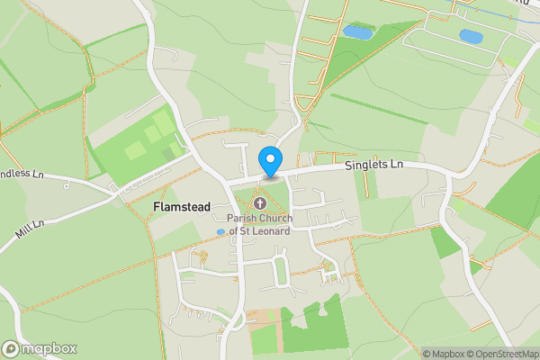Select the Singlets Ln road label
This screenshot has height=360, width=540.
(373, 166)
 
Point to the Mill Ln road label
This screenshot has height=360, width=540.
(29, 229)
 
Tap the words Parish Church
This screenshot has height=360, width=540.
(258, 219)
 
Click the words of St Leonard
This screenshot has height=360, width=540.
(260, 231)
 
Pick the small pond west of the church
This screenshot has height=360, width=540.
(220, 232)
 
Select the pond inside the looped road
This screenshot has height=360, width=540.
(470, 36)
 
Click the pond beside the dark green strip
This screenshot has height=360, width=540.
(356, 32)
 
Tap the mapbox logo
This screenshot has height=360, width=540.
(40, 348)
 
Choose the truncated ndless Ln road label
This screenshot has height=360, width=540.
(20, 173)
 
